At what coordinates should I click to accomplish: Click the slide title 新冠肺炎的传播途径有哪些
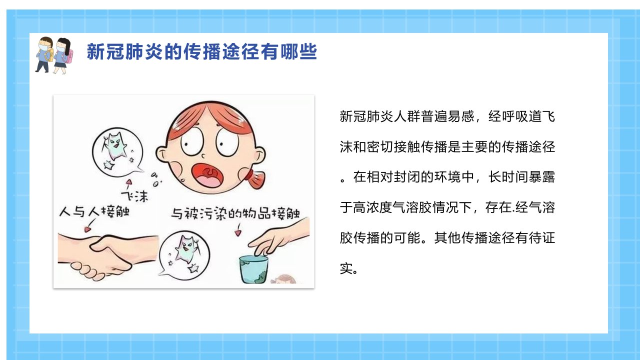(202, 51)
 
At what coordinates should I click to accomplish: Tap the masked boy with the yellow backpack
(44, 54)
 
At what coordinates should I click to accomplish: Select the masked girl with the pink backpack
(63, 55)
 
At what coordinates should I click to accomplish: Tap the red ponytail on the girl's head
(254, 178)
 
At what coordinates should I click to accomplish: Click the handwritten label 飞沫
(135, 196)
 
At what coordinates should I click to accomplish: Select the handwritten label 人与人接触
(94, 211)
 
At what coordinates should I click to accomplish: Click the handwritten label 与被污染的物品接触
(235, 213)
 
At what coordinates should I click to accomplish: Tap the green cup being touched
(253, 269)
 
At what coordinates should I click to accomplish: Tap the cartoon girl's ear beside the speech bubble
(162, 154)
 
